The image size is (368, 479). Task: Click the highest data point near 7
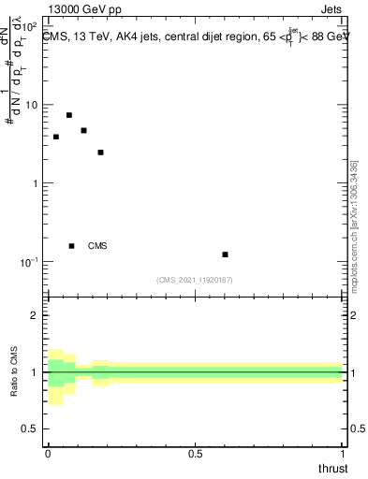tap(69, 115)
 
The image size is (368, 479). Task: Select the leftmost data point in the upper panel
tap(56, 137)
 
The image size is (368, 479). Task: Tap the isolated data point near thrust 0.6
tap(225, 254)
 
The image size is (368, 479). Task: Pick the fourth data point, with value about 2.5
tap(100, 152)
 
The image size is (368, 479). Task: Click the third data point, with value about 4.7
tap(84, 130)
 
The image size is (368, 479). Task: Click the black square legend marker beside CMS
tap(72, 246)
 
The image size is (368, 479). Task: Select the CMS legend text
tap(97, 246)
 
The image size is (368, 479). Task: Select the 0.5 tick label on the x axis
tap(195, 453)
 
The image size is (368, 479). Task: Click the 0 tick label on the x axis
tap(48, 453)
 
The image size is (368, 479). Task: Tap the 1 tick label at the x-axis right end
tap(344, 453)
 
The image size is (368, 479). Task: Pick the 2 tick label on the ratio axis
tap(35, 315)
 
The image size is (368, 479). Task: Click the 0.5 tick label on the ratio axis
tap(29, 429)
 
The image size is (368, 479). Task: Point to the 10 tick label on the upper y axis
tap(31, 105)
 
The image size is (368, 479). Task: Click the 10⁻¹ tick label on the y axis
tap(28, 261)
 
